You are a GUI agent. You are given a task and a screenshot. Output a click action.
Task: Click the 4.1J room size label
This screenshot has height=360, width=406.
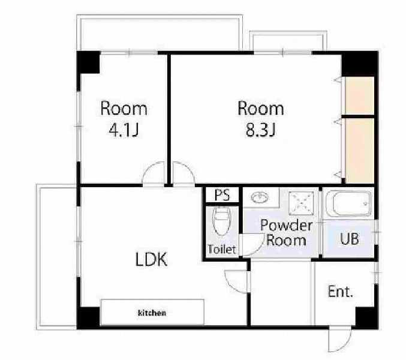coord(124,130)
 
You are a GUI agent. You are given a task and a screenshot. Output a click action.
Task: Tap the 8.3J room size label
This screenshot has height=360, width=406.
coord(260,130)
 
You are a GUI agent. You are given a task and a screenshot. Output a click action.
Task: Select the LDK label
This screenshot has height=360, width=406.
coord(152,259)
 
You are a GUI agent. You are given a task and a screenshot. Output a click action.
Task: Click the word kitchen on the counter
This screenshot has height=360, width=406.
coord(152,313)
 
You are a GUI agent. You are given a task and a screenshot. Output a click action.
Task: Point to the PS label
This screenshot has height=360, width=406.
coord(222,195)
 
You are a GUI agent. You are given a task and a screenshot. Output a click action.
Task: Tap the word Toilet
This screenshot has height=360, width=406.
coord(222,249)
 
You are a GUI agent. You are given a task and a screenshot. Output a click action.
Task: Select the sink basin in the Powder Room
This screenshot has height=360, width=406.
coord(260,198)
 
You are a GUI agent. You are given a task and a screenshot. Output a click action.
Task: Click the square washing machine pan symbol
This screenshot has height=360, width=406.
coord(302,203)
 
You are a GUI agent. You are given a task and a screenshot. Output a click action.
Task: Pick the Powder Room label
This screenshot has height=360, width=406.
coord(287,233)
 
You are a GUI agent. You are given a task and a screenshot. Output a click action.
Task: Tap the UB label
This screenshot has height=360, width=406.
coord(350,239)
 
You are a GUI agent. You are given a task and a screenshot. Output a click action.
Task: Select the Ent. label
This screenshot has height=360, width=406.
coord(340,292)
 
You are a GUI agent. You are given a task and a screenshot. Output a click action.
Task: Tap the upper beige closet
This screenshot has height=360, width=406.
coord(360,95)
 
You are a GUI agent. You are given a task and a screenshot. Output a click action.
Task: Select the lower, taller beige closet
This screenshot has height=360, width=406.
coord(360,151)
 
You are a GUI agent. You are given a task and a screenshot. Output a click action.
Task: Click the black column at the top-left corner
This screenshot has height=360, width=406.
coord(88,62)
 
